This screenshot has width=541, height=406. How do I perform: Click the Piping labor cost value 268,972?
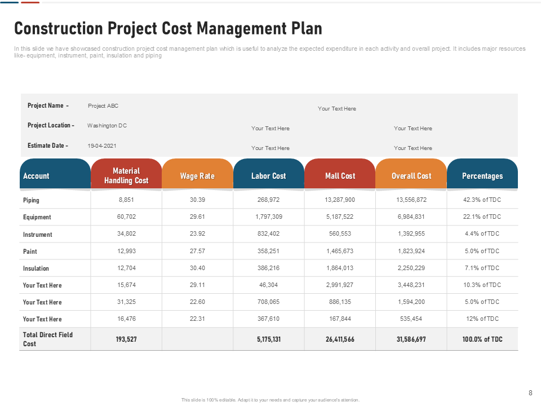[268, 200]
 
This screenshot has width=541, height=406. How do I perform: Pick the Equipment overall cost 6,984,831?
[411, 217]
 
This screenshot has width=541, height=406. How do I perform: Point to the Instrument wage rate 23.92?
[197, 233]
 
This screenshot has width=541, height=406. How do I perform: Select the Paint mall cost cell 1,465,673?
[340, 251]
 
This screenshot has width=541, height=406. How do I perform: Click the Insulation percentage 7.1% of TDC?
[482, 268]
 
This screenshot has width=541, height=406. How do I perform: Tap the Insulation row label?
[36, 268]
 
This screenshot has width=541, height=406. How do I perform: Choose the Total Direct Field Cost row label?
[47, 339]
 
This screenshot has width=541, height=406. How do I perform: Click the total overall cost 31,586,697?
[411, 339]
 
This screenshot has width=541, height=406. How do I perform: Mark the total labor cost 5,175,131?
[269, 339]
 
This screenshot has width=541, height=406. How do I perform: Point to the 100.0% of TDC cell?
[482, 339]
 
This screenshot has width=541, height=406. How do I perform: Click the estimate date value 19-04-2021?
[102, 145]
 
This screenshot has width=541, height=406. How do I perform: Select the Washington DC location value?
[107, 126]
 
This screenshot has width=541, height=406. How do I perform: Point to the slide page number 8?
[530, 393]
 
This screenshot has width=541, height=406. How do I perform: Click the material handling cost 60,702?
[126, 217]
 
